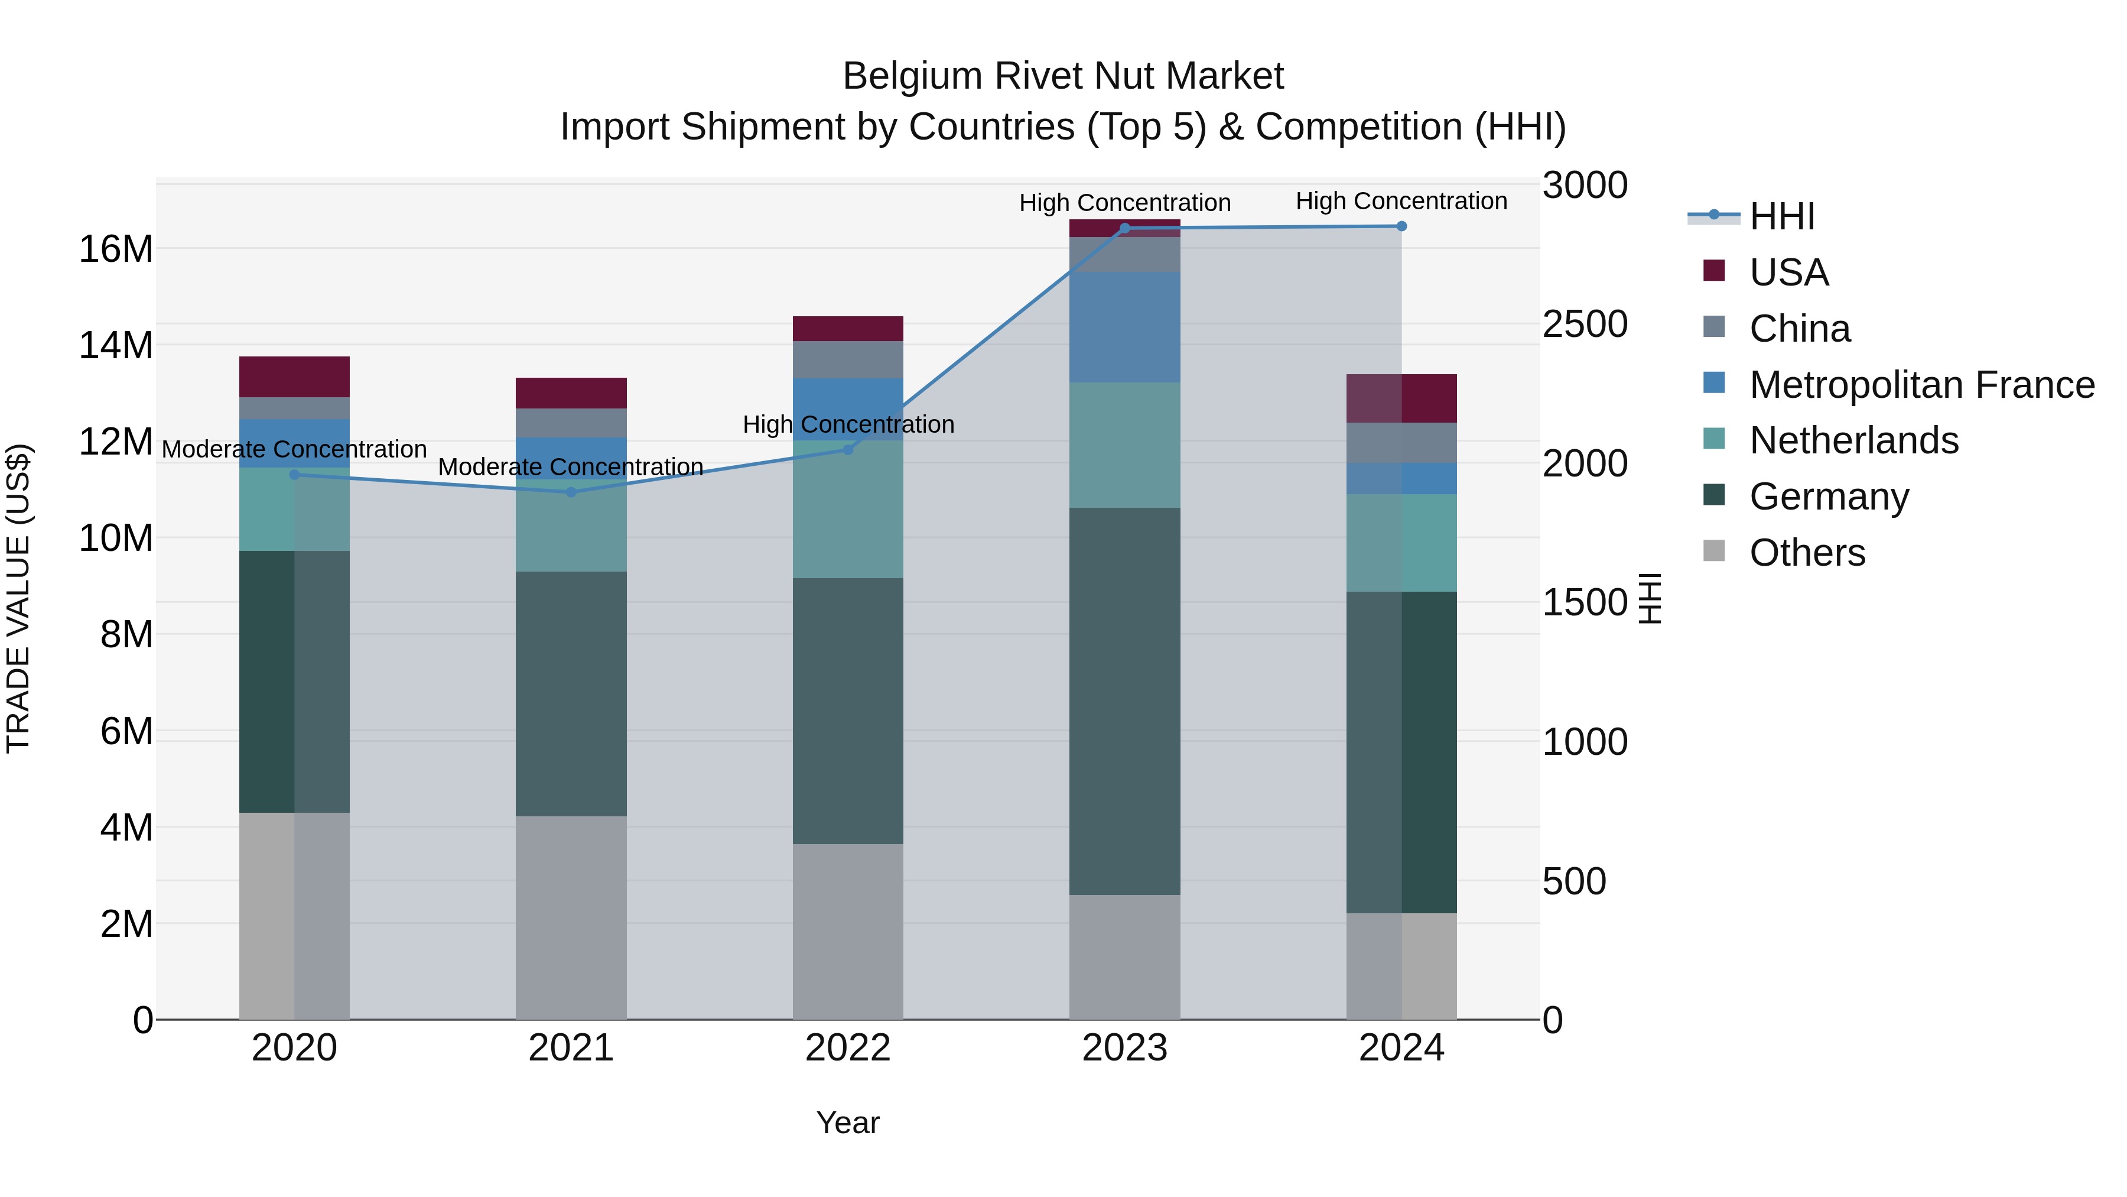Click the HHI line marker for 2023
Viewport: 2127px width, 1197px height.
[1124, 228]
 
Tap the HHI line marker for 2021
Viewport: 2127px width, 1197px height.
[571, 492]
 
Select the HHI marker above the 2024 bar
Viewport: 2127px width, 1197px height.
[1401, 226]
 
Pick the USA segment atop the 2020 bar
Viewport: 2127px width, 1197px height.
[294, 377]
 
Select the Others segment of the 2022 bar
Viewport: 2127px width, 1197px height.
[847, 931]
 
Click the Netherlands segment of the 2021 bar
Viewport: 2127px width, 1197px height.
[571, 525]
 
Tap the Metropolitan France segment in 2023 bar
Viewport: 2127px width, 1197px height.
[1124, 327]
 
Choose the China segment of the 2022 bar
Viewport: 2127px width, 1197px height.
[847, 359]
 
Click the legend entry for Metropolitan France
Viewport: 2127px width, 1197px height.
[1921, 385]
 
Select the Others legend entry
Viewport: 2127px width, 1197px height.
[1807, 553]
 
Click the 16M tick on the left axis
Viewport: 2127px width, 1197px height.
[116, 249]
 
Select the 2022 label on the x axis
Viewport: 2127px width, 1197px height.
[847, 1048]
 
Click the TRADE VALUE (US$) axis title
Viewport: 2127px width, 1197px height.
[18, 598]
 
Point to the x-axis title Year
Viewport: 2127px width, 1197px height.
[847, 1123]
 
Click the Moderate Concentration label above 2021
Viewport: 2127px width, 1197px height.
[571, 467]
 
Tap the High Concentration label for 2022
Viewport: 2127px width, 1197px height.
[847, 424]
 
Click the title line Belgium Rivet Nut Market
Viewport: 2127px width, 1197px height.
[1063, 76]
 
